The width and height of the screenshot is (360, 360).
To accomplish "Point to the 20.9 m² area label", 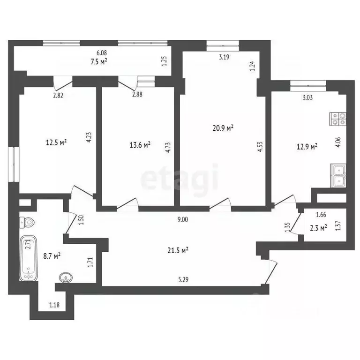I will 223,127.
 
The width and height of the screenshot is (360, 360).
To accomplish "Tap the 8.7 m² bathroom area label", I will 52,256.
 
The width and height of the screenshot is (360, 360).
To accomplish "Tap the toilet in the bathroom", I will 28,221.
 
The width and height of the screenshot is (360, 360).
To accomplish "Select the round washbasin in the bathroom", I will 65,277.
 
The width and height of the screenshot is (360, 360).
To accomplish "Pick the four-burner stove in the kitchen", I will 338,119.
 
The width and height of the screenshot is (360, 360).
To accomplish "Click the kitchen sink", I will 338,176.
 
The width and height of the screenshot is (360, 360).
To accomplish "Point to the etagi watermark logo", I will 180,178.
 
